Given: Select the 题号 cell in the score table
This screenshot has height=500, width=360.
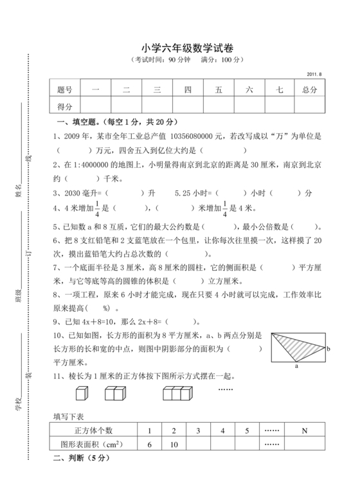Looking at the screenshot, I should click(64, 90).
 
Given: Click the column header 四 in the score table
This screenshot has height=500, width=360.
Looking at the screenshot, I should click(188, 90).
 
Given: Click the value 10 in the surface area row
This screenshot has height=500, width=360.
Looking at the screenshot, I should click(173, 444).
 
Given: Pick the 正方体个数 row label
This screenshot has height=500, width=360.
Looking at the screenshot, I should click(94, 430).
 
